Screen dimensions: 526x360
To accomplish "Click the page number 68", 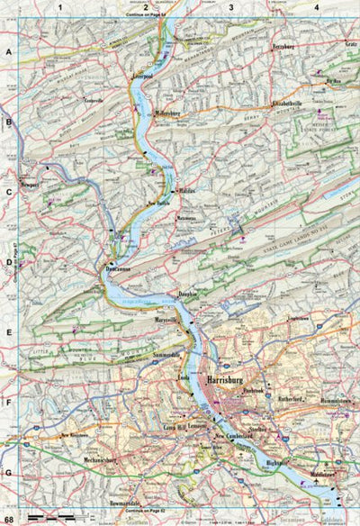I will tap(9, 520).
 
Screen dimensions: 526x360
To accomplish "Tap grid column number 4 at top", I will tap(316, 7).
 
